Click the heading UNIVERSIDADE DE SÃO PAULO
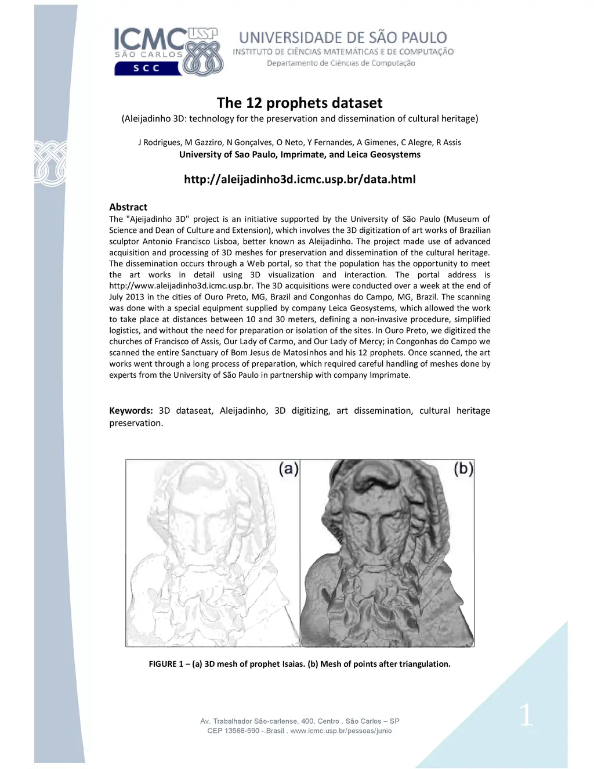click(343, 38)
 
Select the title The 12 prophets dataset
click(299, 103)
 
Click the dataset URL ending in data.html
click(299, 179)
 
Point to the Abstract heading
click(128, 207)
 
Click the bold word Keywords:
click(131, 411)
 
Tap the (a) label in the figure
click(288, 468)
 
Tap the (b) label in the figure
click(463, 468)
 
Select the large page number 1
click(526, 715)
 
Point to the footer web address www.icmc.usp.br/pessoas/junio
click(341, 731)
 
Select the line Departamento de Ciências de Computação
click(341, 63)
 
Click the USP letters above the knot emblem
click(203, 34)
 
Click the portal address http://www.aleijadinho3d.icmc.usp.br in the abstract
click(181, 286)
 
